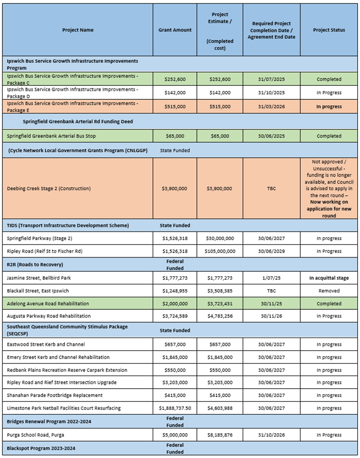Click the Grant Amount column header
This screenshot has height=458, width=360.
[x=175, y=30]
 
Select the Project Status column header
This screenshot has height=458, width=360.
[x=329, y=30]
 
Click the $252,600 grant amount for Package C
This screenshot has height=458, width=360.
[x=175, y=79]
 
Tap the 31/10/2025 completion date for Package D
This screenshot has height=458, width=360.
[x=271, y=92]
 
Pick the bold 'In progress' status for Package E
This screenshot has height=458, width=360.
[x=329, y=106]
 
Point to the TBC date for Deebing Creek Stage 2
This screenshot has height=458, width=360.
[x=271, y=188]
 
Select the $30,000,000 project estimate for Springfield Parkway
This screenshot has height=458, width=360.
[x=220, y=238]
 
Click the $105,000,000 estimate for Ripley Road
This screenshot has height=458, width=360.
[x=220, y=251]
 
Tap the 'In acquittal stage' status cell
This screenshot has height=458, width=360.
[x=329, y=278]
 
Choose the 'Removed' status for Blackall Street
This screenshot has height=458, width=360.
[x=329, y=291]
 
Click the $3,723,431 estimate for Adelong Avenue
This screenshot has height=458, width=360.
[x=220, y=303]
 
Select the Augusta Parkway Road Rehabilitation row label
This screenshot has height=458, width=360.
[x=49, y=316]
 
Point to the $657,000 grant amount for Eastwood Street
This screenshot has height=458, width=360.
[x=175, y=345]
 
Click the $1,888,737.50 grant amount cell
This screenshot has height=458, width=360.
[x=175, y=408]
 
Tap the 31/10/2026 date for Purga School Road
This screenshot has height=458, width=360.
[x=271, y=435]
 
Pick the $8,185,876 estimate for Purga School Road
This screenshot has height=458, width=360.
[x=220, y=435]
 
